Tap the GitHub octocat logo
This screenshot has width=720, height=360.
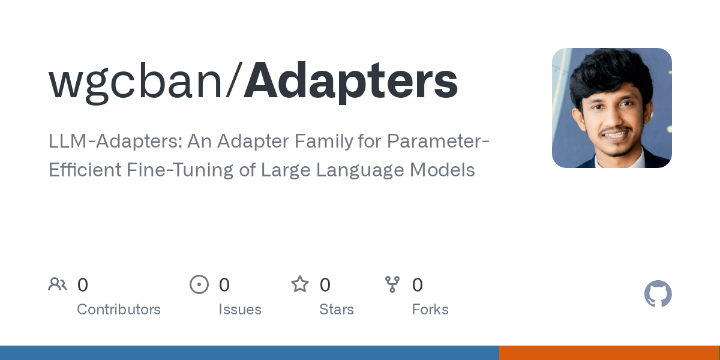coord(658,294)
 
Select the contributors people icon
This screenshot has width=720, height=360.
coord(58,284)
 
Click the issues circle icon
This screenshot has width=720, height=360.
coord(199,284)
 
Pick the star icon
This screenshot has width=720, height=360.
coord(300,284)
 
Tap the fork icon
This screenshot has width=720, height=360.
coord(392,284)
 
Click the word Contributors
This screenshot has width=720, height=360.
coord(119,310)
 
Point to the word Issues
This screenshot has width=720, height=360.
coord(240,310)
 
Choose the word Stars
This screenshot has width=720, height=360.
coord(337,310)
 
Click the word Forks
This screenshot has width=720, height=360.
coord(430,310)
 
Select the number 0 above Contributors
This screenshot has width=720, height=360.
coord(83,285)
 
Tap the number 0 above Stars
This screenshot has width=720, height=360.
coord(325,285)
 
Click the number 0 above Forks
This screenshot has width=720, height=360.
coord(418,285)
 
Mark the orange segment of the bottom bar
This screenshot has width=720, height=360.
coord(609,353)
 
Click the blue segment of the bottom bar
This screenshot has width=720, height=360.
coord(249,353)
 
